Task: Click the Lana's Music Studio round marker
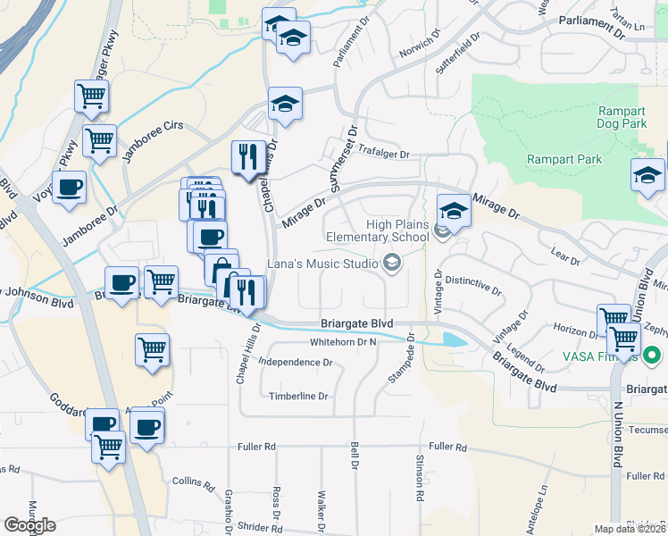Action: [x=390, y=262]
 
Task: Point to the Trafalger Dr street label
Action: [x=383, y=154]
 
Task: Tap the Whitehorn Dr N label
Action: [x=344, y=342]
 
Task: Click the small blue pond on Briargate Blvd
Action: [x=454, y=339]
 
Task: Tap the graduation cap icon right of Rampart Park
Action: [x=647, y=175]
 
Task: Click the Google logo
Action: [x=30, y=525]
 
